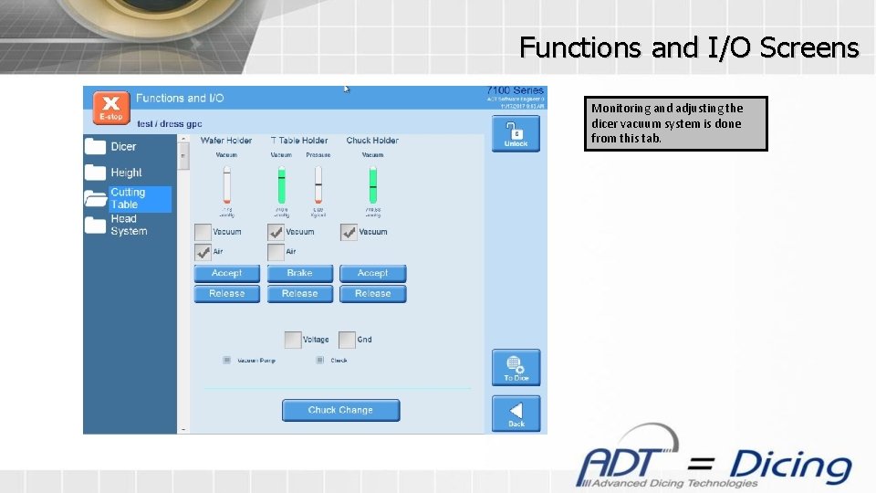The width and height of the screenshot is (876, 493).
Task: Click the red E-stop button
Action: point(111,107)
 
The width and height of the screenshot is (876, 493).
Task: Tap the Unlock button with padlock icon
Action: point(516,133)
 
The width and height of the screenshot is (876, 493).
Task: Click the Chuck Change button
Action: point(340,410)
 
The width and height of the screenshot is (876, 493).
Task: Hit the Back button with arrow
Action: point(516,413)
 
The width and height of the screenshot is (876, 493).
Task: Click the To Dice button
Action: point(516,367)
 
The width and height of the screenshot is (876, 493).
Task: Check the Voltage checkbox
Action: point(293,340)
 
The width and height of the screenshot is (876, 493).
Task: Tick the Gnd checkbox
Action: point(347,340)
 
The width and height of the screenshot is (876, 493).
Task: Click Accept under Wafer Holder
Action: point(226,273)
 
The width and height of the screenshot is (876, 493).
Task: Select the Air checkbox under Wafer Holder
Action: point(203,252)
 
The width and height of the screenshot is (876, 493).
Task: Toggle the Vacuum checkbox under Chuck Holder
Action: point(349,233)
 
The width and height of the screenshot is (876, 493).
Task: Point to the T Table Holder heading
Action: point(299,141)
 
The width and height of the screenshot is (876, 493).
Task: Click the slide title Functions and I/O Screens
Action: point(689,47)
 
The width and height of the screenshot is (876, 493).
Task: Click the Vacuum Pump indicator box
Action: point(226,360)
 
